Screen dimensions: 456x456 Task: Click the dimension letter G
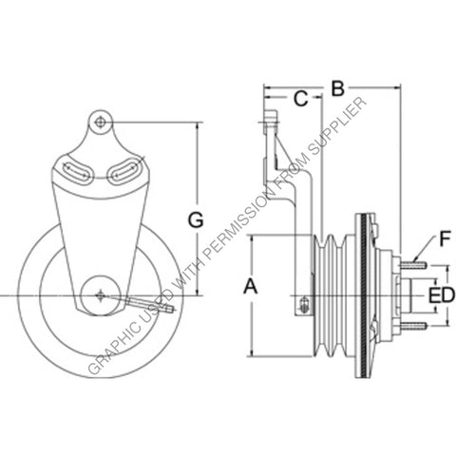point(195,219)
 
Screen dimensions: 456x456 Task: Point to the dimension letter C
point(299,98)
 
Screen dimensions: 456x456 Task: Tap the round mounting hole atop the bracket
point(101,122)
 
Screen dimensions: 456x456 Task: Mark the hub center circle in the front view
point(100,295)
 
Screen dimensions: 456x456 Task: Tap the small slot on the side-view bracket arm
point(303,305)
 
